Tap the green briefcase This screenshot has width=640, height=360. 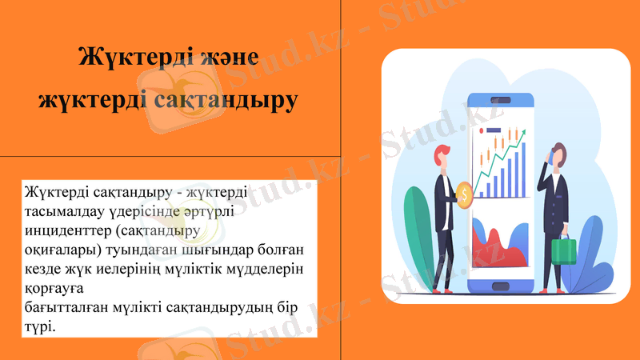click(x=565, y=250)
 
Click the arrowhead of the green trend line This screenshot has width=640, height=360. click(x=523, y=135)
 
